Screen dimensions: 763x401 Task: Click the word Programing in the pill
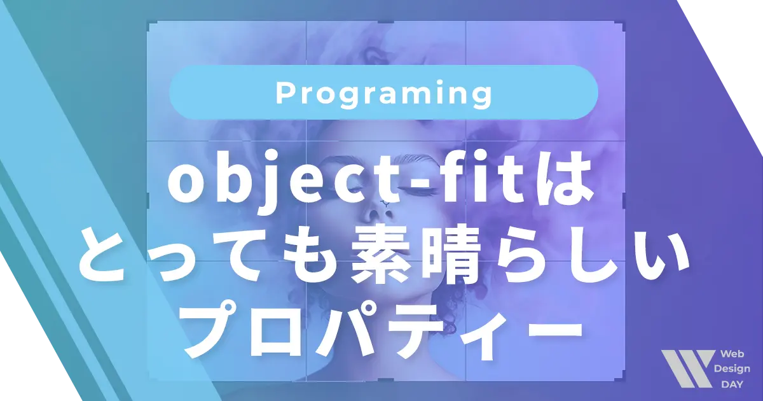(x=384, y=94)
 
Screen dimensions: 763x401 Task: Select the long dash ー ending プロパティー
(x=544, y=328)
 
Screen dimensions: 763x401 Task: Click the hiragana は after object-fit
(x=565, y=185)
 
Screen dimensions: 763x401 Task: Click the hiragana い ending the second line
(x=655, y=258)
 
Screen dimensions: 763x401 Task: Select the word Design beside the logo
(x=731, y=370)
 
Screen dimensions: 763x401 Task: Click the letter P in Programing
(x=284, y=93)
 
